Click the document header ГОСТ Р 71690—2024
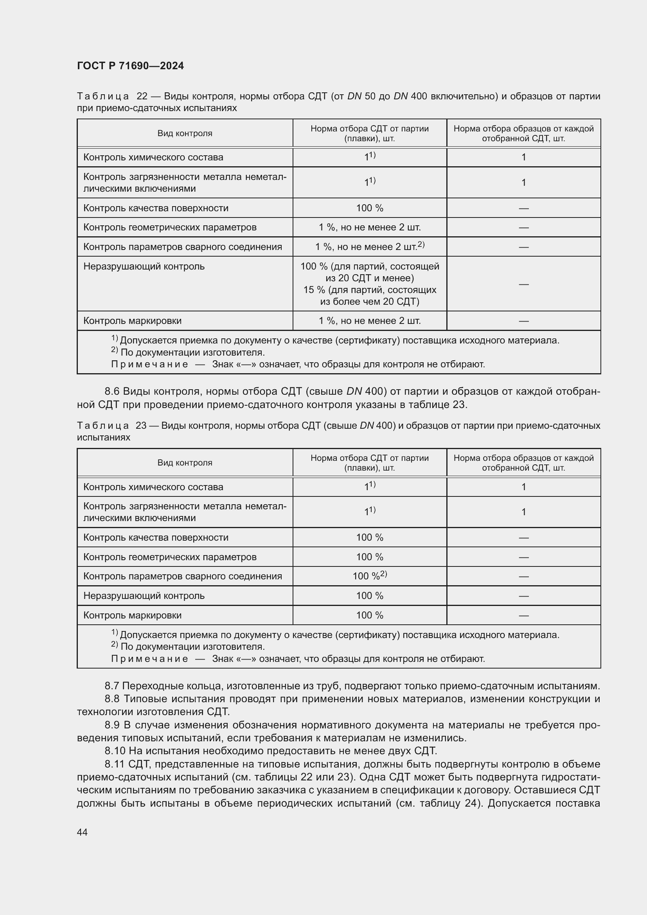[130, 66]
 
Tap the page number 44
[82, 832]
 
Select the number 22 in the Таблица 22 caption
[142, 96]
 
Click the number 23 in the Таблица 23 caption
[141, 426]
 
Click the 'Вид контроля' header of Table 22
[185, 133]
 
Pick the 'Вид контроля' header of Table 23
[185, 463]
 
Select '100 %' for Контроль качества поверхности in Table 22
[369, 208]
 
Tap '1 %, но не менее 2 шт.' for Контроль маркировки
[369, 321]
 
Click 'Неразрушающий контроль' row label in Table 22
[144, 266]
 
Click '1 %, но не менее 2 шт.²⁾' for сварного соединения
[369, 247]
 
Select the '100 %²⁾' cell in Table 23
[369, 576]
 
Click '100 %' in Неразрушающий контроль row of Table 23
[369, 595]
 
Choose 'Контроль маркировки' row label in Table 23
[132, 615]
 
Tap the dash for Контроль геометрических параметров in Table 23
[523, 557]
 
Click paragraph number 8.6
[112, 391]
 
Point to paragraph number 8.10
[115, 751]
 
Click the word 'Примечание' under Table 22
[149, 364]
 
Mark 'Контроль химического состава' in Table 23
[153, 487]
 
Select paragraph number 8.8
[112, 699]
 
